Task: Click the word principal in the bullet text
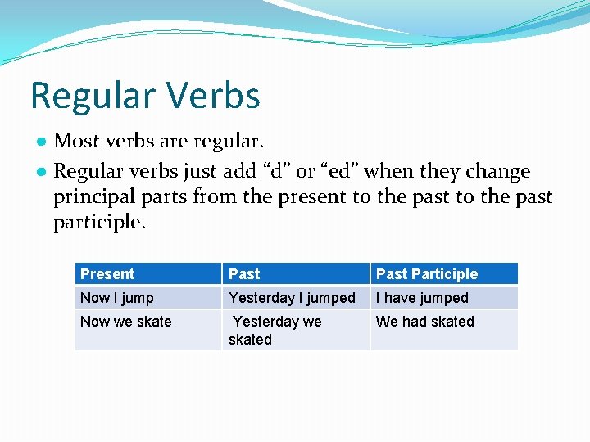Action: pyautogui.click(x=93, y=197)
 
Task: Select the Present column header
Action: pyautogui.click(x=107, y=274)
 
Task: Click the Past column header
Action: pyautogui.click(x=244, y=274)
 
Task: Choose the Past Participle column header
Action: pyautogui.click(x=426, y=274)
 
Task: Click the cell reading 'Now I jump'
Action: pyautogui.click(x=116, y=298)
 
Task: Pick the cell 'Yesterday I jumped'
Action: pyautogui.click(x=292, y=298)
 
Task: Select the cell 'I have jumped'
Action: pyautogui.click(x=422, y=298)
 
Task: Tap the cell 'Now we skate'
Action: pyautogui.click(x=125, y=322)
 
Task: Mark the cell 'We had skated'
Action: pyautogui.click(x=424, y=322)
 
